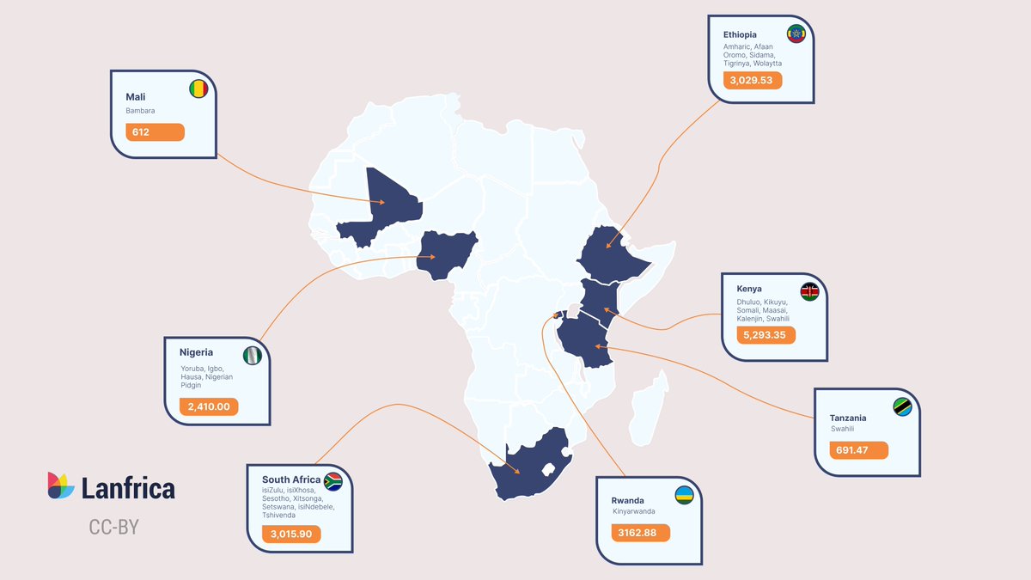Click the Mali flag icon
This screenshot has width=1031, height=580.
click(x=198, y=89)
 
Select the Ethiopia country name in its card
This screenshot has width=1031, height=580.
click(x=740, y=34)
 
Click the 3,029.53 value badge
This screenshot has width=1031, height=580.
click(x=752, y=80)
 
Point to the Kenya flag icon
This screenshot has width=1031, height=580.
click(x=809, y=292)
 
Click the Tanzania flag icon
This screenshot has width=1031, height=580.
click(x=902, y=407)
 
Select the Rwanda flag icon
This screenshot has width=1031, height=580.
click(x=685, y=495)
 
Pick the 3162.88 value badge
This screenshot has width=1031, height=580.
click(x=641, y=533)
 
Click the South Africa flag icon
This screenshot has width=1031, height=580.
click(x=332, y=481)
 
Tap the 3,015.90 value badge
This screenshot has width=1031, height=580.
click(x=291, y=534)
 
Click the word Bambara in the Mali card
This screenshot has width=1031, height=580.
click(x=140, y=110)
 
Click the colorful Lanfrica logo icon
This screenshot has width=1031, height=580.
click(x=61, y=485)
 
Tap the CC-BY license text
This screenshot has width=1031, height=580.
click(x=113, y=527)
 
